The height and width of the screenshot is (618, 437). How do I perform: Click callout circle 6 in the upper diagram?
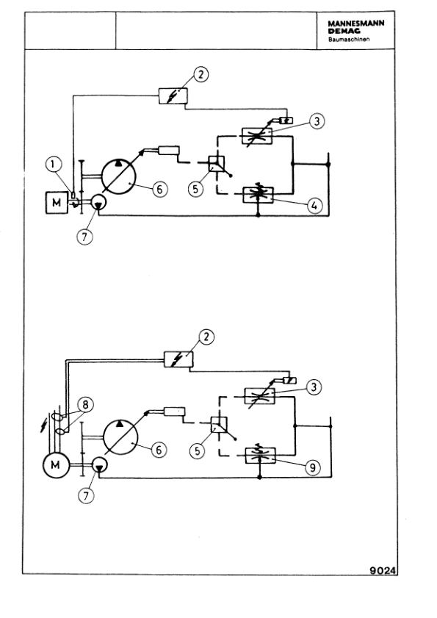[159, 188]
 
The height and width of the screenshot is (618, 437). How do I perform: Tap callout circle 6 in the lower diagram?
[159, 448]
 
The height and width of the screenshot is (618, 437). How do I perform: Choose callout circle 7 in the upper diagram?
[87, 237]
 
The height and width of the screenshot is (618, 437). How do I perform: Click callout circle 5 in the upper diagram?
[196, 188]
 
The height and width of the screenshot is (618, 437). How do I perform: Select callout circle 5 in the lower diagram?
[197, 450]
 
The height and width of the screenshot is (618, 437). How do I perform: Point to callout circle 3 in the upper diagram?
[316, 121]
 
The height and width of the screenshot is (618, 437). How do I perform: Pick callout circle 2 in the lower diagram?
[209, 337]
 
